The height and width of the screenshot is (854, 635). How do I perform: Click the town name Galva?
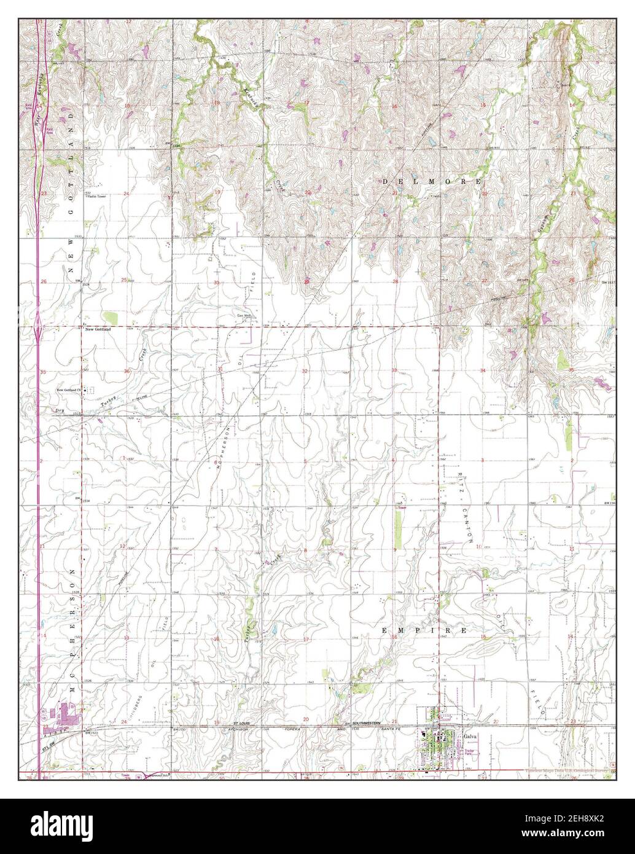(470, 735)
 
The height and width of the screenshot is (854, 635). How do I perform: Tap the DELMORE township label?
(432, 182)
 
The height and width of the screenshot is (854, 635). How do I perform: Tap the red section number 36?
(127, 371)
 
